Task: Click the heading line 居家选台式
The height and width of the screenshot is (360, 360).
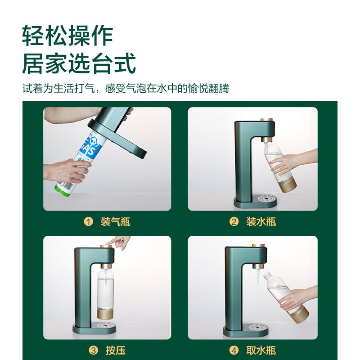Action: pos(79,64)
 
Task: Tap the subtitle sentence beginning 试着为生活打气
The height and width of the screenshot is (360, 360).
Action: pos(126,88)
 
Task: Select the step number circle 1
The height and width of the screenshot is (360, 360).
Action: pos(88,221)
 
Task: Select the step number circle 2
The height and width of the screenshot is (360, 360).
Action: pos(234,221)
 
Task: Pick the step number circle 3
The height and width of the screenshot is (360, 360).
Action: pos(94,350)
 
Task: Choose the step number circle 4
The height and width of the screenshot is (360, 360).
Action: pos(234,350)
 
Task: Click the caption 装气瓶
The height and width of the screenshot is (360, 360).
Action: pos(116,221)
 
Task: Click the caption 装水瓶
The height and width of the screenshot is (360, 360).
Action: pos(261,221)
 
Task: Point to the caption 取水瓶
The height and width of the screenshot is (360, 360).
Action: pos(261,350)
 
